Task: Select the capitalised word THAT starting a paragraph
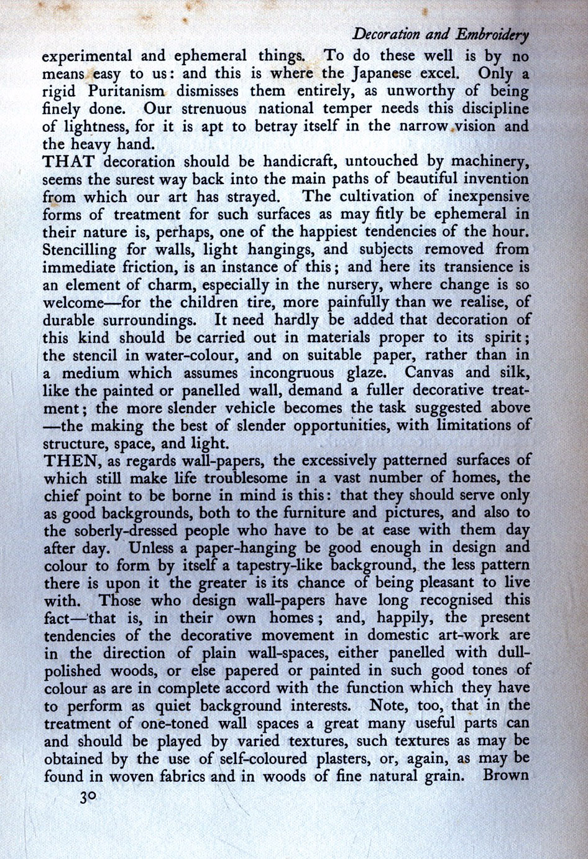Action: click(x=68, y=162)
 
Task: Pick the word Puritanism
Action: click(x=126, y=91)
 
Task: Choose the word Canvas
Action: click(x=430, y=373)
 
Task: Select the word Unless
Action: click(x=151, y=549)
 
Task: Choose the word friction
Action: click(x=137, y=267)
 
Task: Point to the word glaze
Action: click(x=365, y=373)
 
